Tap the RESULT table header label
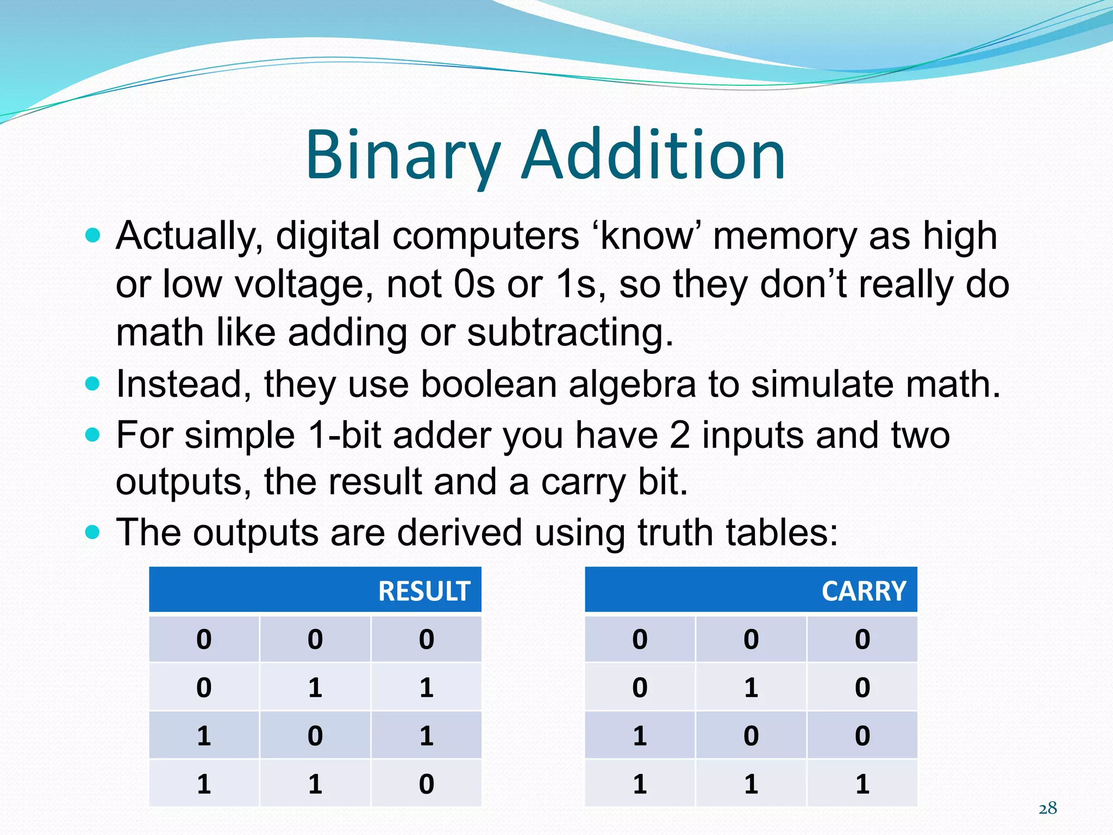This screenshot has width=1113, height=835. pos(424,591)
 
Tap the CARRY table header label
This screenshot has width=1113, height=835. pos(864,591)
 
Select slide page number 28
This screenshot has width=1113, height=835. pos(1048,808)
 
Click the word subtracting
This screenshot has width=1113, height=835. pos(570,333)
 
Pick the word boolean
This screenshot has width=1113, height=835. pos(489,384)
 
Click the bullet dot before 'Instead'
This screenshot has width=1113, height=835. pos(93,384)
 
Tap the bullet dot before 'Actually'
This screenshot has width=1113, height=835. pos(93,236)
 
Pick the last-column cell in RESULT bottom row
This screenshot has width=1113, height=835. pos(426,783)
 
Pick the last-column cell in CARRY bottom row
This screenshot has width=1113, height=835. pos(862,783)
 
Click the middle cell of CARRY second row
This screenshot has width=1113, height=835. pos(751,687)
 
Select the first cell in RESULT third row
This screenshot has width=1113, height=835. pos(204,736)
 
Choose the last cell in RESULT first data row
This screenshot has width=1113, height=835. pos(426,639)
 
